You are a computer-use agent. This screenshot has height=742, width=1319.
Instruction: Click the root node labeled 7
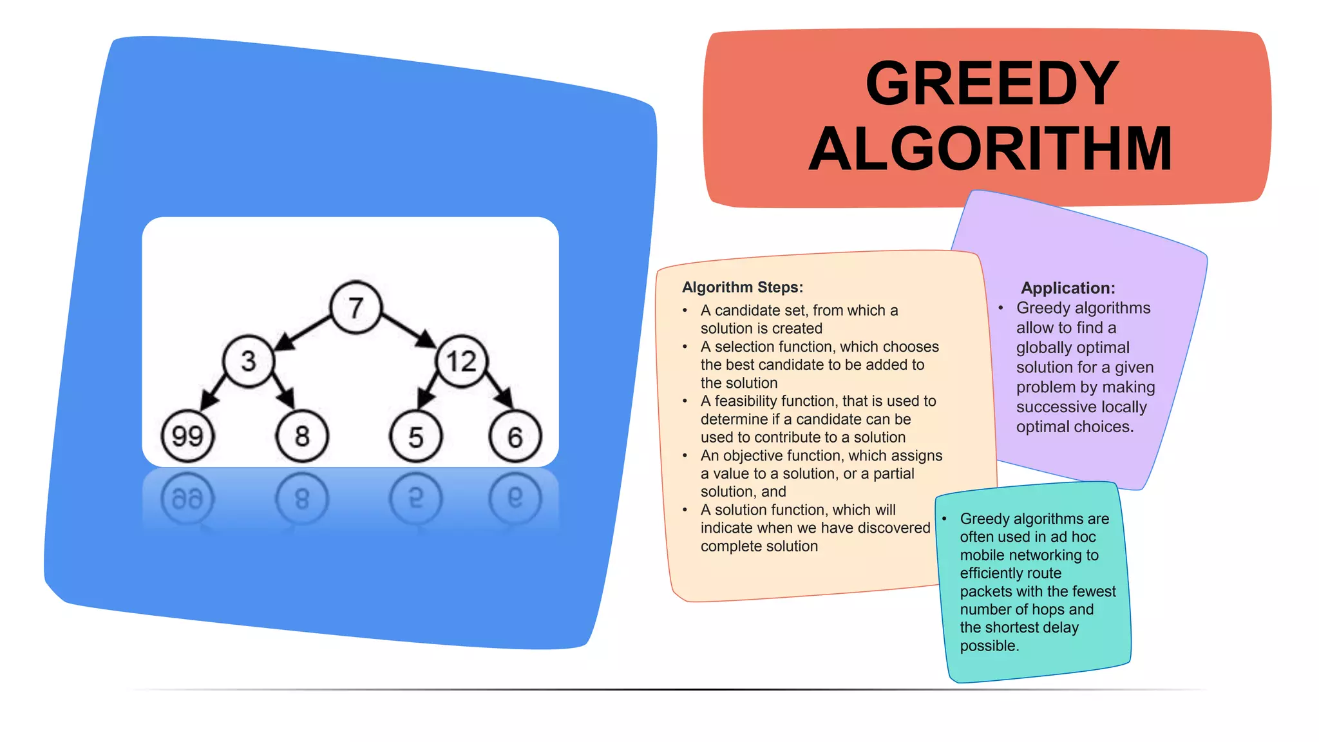point(356,308)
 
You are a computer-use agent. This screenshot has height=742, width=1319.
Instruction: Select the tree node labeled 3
point(249,361)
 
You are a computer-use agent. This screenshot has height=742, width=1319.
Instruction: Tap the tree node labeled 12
point(461,361)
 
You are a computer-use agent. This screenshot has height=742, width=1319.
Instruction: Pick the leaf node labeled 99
point(187,437)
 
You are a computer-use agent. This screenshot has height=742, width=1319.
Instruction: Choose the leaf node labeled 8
point(302,437)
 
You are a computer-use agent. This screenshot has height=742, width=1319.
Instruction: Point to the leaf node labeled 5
point(416,437)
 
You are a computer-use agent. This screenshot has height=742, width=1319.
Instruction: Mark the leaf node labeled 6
point(515,437)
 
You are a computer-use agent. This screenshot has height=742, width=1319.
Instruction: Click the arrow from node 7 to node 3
point(303,333)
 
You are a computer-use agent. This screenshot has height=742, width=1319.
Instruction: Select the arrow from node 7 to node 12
point(408,331)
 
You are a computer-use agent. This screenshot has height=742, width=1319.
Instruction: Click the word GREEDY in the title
point(992,84)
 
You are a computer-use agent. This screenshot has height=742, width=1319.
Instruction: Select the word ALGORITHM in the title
point(991,149)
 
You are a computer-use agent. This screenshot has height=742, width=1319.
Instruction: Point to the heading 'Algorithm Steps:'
point(743,287)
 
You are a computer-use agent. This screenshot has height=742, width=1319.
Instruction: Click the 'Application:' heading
point(1068,288)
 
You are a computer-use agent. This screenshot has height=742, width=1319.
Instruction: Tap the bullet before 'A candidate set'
point(685,311)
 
